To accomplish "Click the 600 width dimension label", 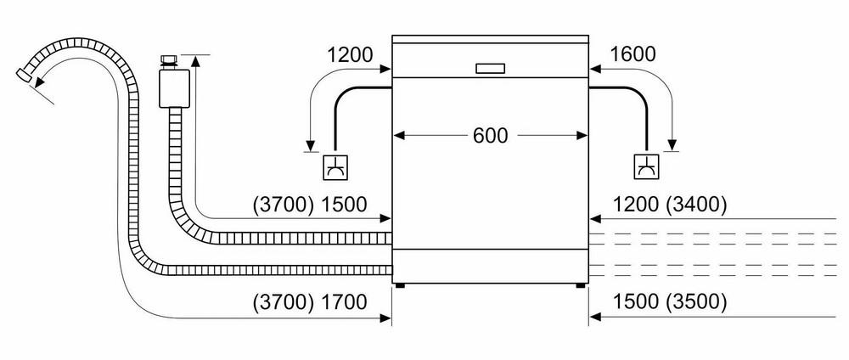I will click(490, 136).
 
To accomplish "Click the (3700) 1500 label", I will click(309, 204).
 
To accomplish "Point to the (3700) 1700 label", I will click(309, 302).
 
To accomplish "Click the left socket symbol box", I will click(335, 167).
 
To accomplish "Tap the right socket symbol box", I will click(645, 167).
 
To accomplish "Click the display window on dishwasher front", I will click(489, 68).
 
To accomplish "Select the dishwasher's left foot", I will click(399, 286).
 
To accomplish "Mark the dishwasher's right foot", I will click(580, 286).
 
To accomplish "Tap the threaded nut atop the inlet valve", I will click(168, 60).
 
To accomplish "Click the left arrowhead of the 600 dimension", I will click(396, 136).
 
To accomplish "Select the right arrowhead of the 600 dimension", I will click(583, 136).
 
